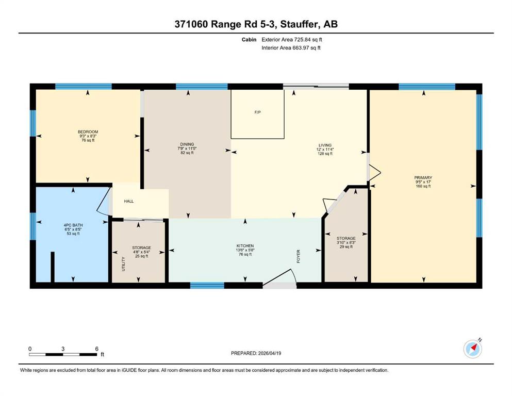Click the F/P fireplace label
tap(258, 112)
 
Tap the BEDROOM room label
tap(88, 132)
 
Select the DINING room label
tap(187, 144)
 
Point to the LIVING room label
tap(325, 145)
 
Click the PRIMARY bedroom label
tap(423, 178)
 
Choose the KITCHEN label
tap(245, 246)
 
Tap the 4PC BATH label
tap(73, 225)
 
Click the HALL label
tap(129, 201)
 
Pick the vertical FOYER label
tap(298, 257)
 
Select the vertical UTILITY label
tap(123, 264)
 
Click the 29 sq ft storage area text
tap(346, 247)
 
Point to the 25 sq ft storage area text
tap(142, 256)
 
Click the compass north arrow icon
tap(473, 349)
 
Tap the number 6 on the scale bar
tap(96, 349)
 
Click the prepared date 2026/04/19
tap(270, 353)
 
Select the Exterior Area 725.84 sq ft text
tap(292, 40)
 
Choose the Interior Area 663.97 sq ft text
tap(291, 47)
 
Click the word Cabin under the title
tap(249, 40)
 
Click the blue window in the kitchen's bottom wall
tap(207, 286)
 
